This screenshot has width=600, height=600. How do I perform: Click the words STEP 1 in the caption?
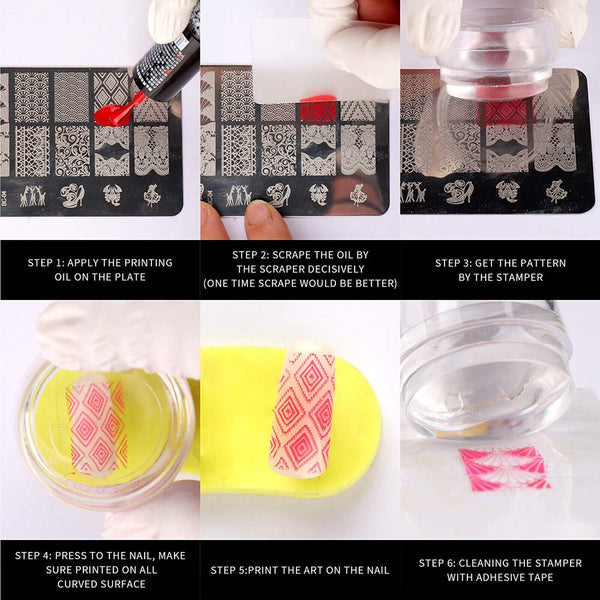pyautogui.click(x=48, y=263)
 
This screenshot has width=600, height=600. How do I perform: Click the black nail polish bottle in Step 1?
pyautogui.click(x=168, y=60)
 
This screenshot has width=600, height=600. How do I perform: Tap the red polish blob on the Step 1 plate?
pyautogui.click(x=118, y=109)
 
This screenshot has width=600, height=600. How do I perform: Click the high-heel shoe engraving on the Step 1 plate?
pyautogui.click(x=72, y=195)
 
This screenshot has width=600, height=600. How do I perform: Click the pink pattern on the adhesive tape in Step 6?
pyautogui.click(x=506, y=468)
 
